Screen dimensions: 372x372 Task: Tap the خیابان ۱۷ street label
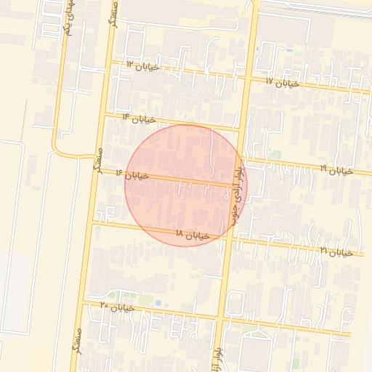click(283, 83)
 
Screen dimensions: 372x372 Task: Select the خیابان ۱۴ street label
click(139, 118)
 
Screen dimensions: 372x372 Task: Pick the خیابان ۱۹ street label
click(336, 170)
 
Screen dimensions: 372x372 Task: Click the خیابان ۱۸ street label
click(193, 235)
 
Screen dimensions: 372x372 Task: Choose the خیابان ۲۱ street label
click(336, 251)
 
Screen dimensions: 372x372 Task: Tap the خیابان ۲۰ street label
click(118, 307)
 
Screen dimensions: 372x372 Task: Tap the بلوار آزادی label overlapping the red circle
click(236, 193)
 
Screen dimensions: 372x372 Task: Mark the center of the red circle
click(186, 185)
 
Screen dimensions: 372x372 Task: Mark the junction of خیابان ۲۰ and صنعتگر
click(84, 302)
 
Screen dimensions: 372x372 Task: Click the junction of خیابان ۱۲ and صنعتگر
click(110, 63)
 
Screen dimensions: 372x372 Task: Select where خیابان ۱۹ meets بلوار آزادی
click(241, 159)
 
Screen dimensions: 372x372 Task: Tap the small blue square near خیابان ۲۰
click(158, 303)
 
